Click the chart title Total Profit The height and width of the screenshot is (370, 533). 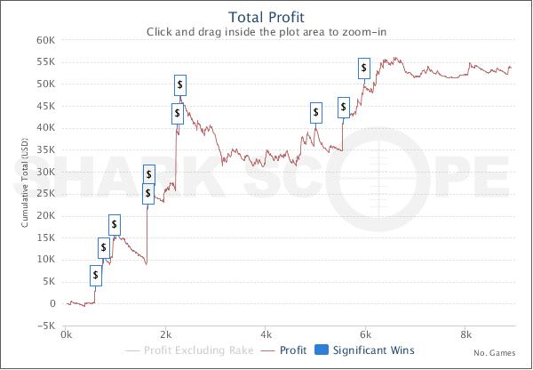tap(266, 18)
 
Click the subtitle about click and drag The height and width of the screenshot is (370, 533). tap(266, 32)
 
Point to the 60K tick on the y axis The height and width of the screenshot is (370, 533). tap(45, 40)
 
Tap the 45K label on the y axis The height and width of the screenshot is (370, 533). tap(45, 106)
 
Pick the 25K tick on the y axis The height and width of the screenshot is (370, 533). tap(45, 194)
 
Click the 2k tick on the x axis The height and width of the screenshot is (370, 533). tap(165, 334)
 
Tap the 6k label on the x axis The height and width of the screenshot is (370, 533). tap(365, 334)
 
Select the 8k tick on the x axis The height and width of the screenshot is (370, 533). tap(465, 334)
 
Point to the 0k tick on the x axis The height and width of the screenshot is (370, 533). tap(66, 334)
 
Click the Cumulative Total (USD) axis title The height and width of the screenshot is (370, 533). tap(25, 183)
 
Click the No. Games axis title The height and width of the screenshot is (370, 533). tap(495, 353)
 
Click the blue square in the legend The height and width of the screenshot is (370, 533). tap(322, 350)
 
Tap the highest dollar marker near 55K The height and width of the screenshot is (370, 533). tap(364, 68)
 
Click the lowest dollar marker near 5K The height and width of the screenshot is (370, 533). tap(96, 276)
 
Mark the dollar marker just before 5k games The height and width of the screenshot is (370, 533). tap(316, 113)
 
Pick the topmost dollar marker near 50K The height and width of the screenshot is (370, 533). tap(180, 85)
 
